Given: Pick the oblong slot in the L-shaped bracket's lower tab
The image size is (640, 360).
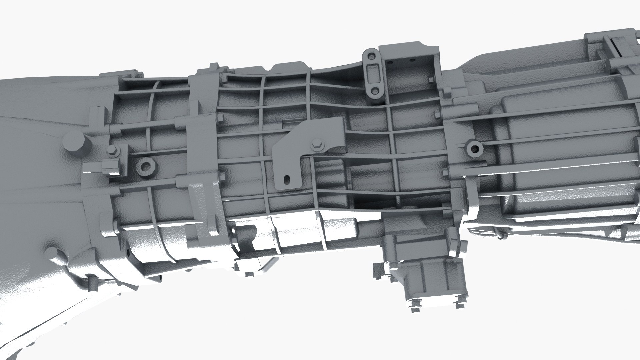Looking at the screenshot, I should pyautogui.click(x=286, y=180).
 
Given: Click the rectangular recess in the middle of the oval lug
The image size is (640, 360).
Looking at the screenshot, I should pyautogui.click(x=372, y=72).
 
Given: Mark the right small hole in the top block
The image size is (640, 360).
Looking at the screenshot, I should pyautogui.click(x=413, y=61).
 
